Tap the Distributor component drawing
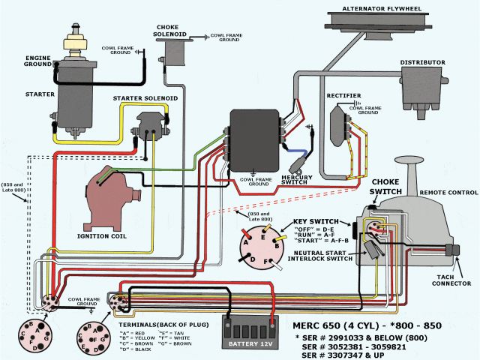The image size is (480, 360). (x=422, y=91)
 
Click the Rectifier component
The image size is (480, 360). (x=339, y=121)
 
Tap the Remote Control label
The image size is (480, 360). (x=447, y=192)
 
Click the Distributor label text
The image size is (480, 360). (x=423, y=62)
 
